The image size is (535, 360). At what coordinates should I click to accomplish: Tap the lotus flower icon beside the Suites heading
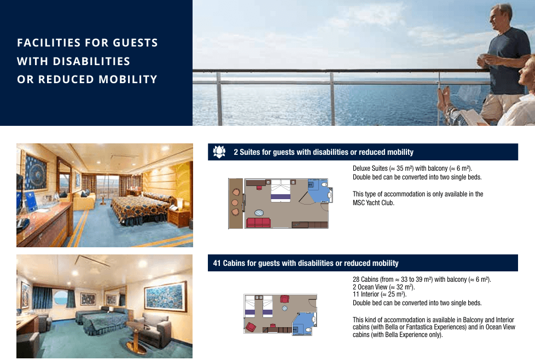pyautogui.click(x=219, y=152)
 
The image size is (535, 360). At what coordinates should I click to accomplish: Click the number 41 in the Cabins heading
pyautogui.click(x=217, y=263)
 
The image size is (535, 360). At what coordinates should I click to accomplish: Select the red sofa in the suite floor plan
pyautogui.click(x=258, y=223)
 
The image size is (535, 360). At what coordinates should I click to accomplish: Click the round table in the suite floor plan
pyautogui.click(x=259, y=213)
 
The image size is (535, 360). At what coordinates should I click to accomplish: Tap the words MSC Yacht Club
pyautogui.click(x=373, y=202)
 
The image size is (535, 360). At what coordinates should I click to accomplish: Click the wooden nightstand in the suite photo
pyautogui.click(x=178, y=218)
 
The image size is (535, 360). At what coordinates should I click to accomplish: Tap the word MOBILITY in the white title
pyautogui.click(x=128, y=79)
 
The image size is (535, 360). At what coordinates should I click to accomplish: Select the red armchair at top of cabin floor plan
pyautogui.click(x=284, y=299)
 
